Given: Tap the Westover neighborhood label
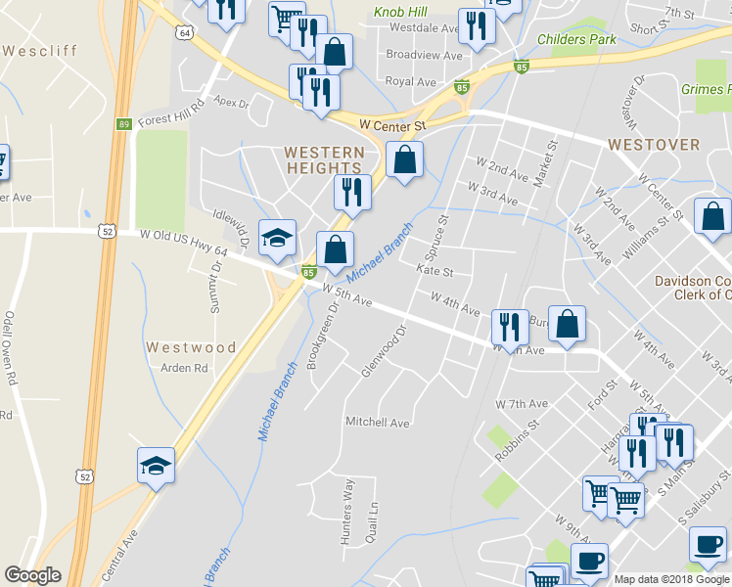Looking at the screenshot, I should pyautogui.click(x=653, y=145).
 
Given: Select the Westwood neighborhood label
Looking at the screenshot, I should pyautogui.click(x=191, y=347).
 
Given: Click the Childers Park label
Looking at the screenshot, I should pyautogui.click(x=577, y=40).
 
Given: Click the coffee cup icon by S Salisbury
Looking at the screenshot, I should pyautogui.click(x=708, y=544).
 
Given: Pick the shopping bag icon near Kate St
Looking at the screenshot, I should pyautogui.click(x=336, y=250).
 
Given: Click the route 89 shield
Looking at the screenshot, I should pyautogui.click(x=122, y=124).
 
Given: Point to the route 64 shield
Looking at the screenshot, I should pyautogui.click(x=184, y=33).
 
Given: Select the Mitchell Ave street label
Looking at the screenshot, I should pyautogui.click(x=377, y=423).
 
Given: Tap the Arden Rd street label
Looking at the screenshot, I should pyautogui.click(x=185, y=369).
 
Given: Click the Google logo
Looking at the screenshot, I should pyautogui.click(x=32, y=575).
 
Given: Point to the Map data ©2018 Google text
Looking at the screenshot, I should pyautogui.click(x=670, y=579).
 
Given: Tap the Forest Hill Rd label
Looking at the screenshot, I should pyautogui.click(x=170, y=113).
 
